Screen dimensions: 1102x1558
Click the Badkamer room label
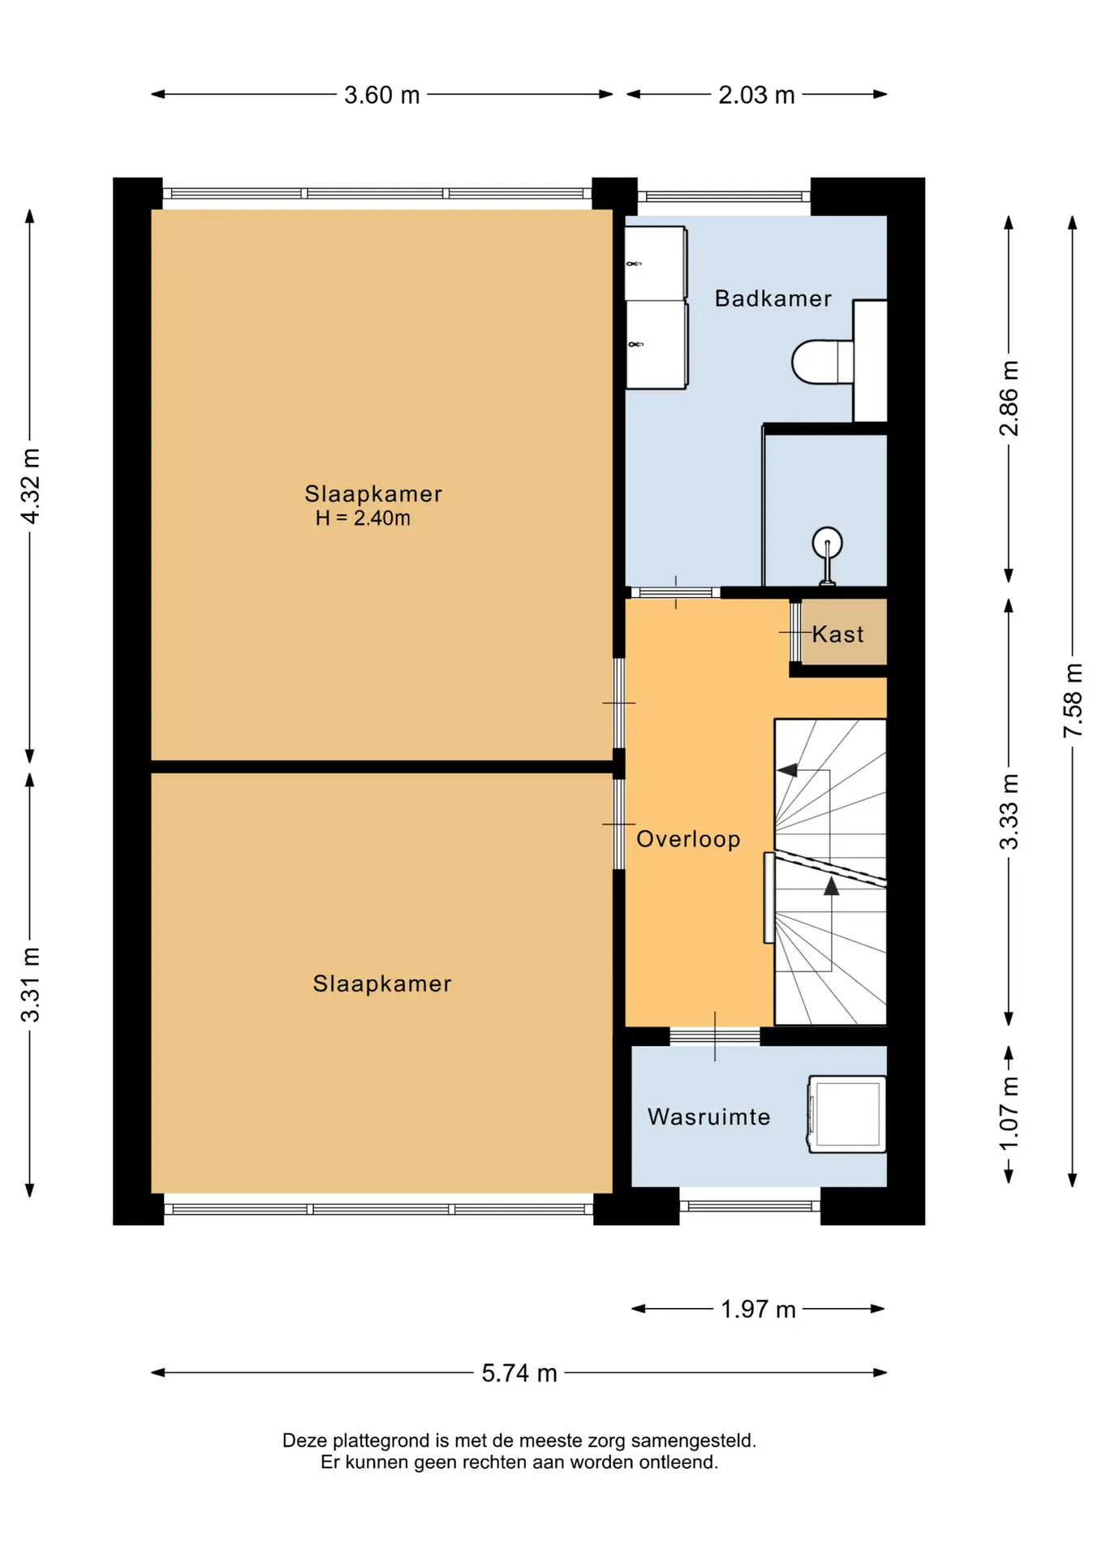click(773, 299)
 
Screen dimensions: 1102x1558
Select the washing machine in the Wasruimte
click(846, 1114)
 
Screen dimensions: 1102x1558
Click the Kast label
click(837, 634)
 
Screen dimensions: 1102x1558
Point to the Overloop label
click(688, 839)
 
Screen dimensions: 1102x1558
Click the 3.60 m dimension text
click(381, 95)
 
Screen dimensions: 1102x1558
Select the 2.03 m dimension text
click(756, 95)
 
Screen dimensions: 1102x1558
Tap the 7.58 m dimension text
click(1073, 700)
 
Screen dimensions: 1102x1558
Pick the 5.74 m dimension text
click(519, 1373)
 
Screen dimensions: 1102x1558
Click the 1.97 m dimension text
click(758, 1309)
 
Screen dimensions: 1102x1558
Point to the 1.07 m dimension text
click(1009, 1113)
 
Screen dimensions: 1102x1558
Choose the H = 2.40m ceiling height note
click(363, 519)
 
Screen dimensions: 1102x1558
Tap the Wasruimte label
click(708, 1117)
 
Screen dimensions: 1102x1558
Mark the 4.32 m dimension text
click(30, 485)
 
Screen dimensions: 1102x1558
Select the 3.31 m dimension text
click(30, 984)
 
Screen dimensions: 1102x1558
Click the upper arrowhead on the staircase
click(787, 769)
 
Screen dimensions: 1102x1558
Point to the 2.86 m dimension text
click(1009, 398)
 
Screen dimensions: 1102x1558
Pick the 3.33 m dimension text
click(1009, 812)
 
